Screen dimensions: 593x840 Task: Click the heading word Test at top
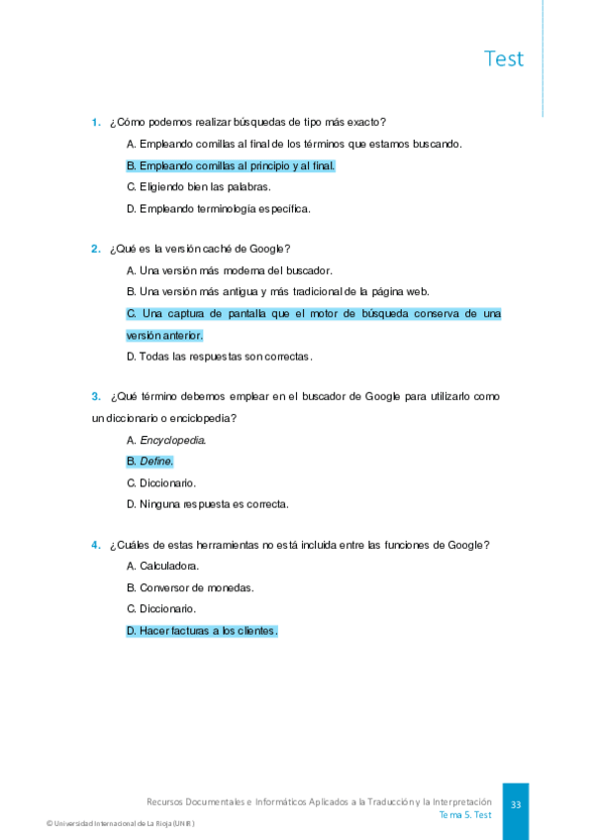click(x=504, y=58)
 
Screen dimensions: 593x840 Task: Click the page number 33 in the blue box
click(x=516, y=805)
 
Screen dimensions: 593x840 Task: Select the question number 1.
click(x=96, y=123)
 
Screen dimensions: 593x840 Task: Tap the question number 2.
click(x=96, y=249)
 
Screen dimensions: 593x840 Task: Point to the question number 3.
click(x=96, y=396)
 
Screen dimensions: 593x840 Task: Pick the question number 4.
click(x=96, y=545)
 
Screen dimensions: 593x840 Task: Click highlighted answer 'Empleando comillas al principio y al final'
click(x=231, y=165)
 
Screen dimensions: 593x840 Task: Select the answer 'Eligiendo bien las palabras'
click(x=198, y=186)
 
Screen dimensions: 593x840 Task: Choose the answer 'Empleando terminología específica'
click(x=219, y=208)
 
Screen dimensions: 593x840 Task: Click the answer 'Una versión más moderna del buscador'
click(x=230, y=270)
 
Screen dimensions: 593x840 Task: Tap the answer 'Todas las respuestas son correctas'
click(x=220, y=356)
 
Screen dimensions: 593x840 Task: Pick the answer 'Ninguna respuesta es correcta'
click(x=208, y=504)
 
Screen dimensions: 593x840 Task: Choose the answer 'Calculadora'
click(x=163, y=567)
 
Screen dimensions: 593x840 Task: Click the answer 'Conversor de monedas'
click(x=190, y=587)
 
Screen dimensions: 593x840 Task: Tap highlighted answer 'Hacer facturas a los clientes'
click(x=202, y=630)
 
